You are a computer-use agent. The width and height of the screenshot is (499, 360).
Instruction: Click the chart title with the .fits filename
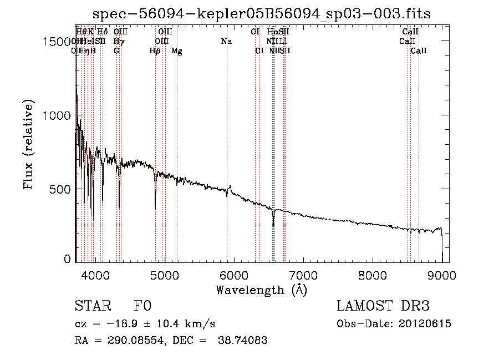click(261, 13)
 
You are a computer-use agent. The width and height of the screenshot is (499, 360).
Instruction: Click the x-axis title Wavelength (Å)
click(261, 290)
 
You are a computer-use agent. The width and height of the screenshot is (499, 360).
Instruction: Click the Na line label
click(226, 41)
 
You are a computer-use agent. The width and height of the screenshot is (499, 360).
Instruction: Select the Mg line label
click(177, 50)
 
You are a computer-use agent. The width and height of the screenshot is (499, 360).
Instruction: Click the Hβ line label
click(155, 50)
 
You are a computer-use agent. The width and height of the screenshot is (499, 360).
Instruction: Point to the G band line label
click(116, 50)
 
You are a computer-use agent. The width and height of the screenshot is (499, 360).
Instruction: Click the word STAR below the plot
click(93, 306)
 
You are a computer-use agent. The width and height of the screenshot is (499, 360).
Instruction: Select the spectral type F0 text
click(142, 306)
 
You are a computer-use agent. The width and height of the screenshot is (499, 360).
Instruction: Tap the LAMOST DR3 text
click(383, 306)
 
